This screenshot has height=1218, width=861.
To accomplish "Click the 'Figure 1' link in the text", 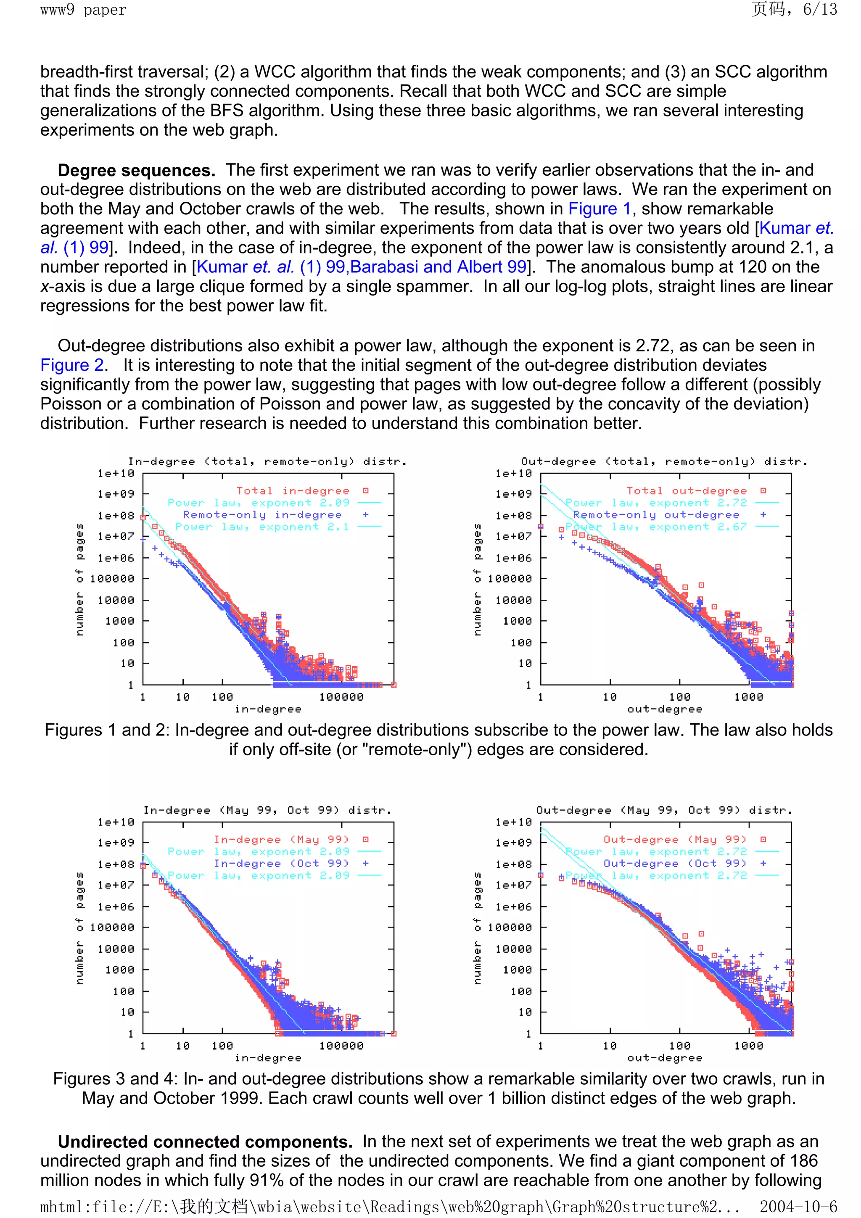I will point(600,208).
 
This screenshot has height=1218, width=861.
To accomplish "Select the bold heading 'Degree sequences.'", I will point(136,170).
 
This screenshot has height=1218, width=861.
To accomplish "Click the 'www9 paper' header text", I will point(83,10).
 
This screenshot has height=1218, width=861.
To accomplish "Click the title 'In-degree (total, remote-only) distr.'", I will point(267,461).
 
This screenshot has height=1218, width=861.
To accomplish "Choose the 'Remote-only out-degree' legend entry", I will point(656,514).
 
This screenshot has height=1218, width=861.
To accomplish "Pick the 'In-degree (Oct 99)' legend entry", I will point(282,863).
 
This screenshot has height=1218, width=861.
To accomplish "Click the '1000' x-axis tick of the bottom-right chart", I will point(748,1046).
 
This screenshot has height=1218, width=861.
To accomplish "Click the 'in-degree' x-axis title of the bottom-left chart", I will point(268,1058).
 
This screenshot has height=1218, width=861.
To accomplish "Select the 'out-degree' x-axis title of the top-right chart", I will point(665,709).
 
